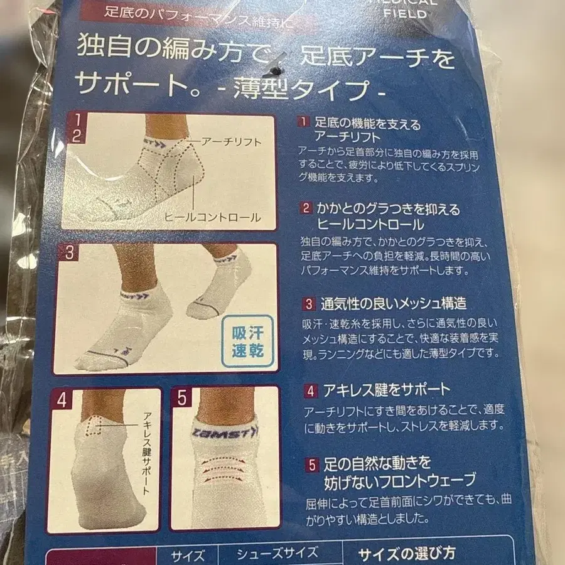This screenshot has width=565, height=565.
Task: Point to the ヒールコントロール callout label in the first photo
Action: coord(212,217)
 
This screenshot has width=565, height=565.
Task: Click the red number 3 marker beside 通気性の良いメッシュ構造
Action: coord(309,304)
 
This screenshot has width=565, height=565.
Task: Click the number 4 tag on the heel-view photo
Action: coord(62,399)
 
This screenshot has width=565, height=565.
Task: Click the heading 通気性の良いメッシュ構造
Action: coord(394,304)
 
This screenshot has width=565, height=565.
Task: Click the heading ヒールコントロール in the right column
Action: coord(372,224)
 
